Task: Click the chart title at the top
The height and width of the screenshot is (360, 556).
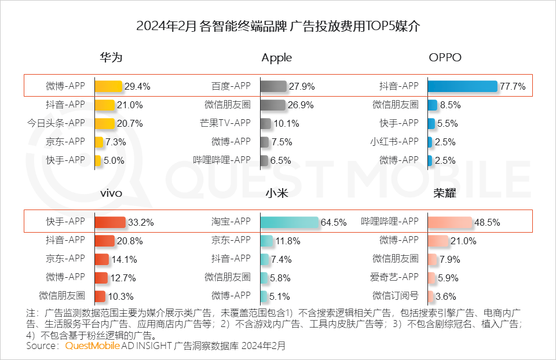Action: click(278, 27)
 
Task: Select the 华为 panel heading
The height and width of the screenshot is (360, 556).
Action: click(111, 58)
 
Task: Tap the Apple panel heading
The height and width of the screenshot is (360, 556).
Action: click(276, 58)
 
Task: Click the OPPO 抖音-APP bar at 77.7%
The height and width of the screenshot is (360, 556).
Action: click(462, 86)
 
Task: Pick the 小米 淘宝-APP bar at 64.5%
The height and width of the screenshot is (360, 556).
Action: click(290, 222)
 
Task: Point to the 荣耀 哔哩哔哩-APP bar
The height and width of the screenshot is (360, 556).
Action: click(449, 222)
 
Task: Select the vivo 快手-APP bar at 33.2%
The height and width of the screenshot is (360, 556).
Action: click(110, 222)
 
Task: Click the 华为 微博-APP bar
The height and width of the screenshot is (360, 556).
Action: click(108, 86)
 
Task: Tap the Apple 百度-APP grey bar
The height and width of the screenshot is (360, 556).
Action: click(273, 86)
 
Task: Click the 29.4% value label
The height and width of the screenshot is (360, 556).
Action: click(137, 87)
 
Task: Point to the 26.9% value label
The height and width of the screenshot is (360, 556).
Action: click(301, 105)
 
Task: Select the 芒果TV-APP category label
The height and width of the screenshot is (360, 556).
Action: click(225, 123)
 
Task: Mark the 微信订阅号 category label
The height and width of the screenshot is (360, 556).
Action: click(395, 296)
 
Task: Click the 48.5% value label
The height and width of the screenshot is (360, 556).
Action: click(487, 222)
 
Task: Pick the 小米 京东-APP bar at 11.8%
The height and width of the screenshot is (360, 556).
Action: click(266, 241)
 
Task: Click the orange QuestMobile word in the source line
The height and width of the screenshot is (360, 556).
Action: click(92, 346)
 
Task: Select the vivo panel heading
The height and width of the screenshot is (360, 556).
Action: click(111, 193)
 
